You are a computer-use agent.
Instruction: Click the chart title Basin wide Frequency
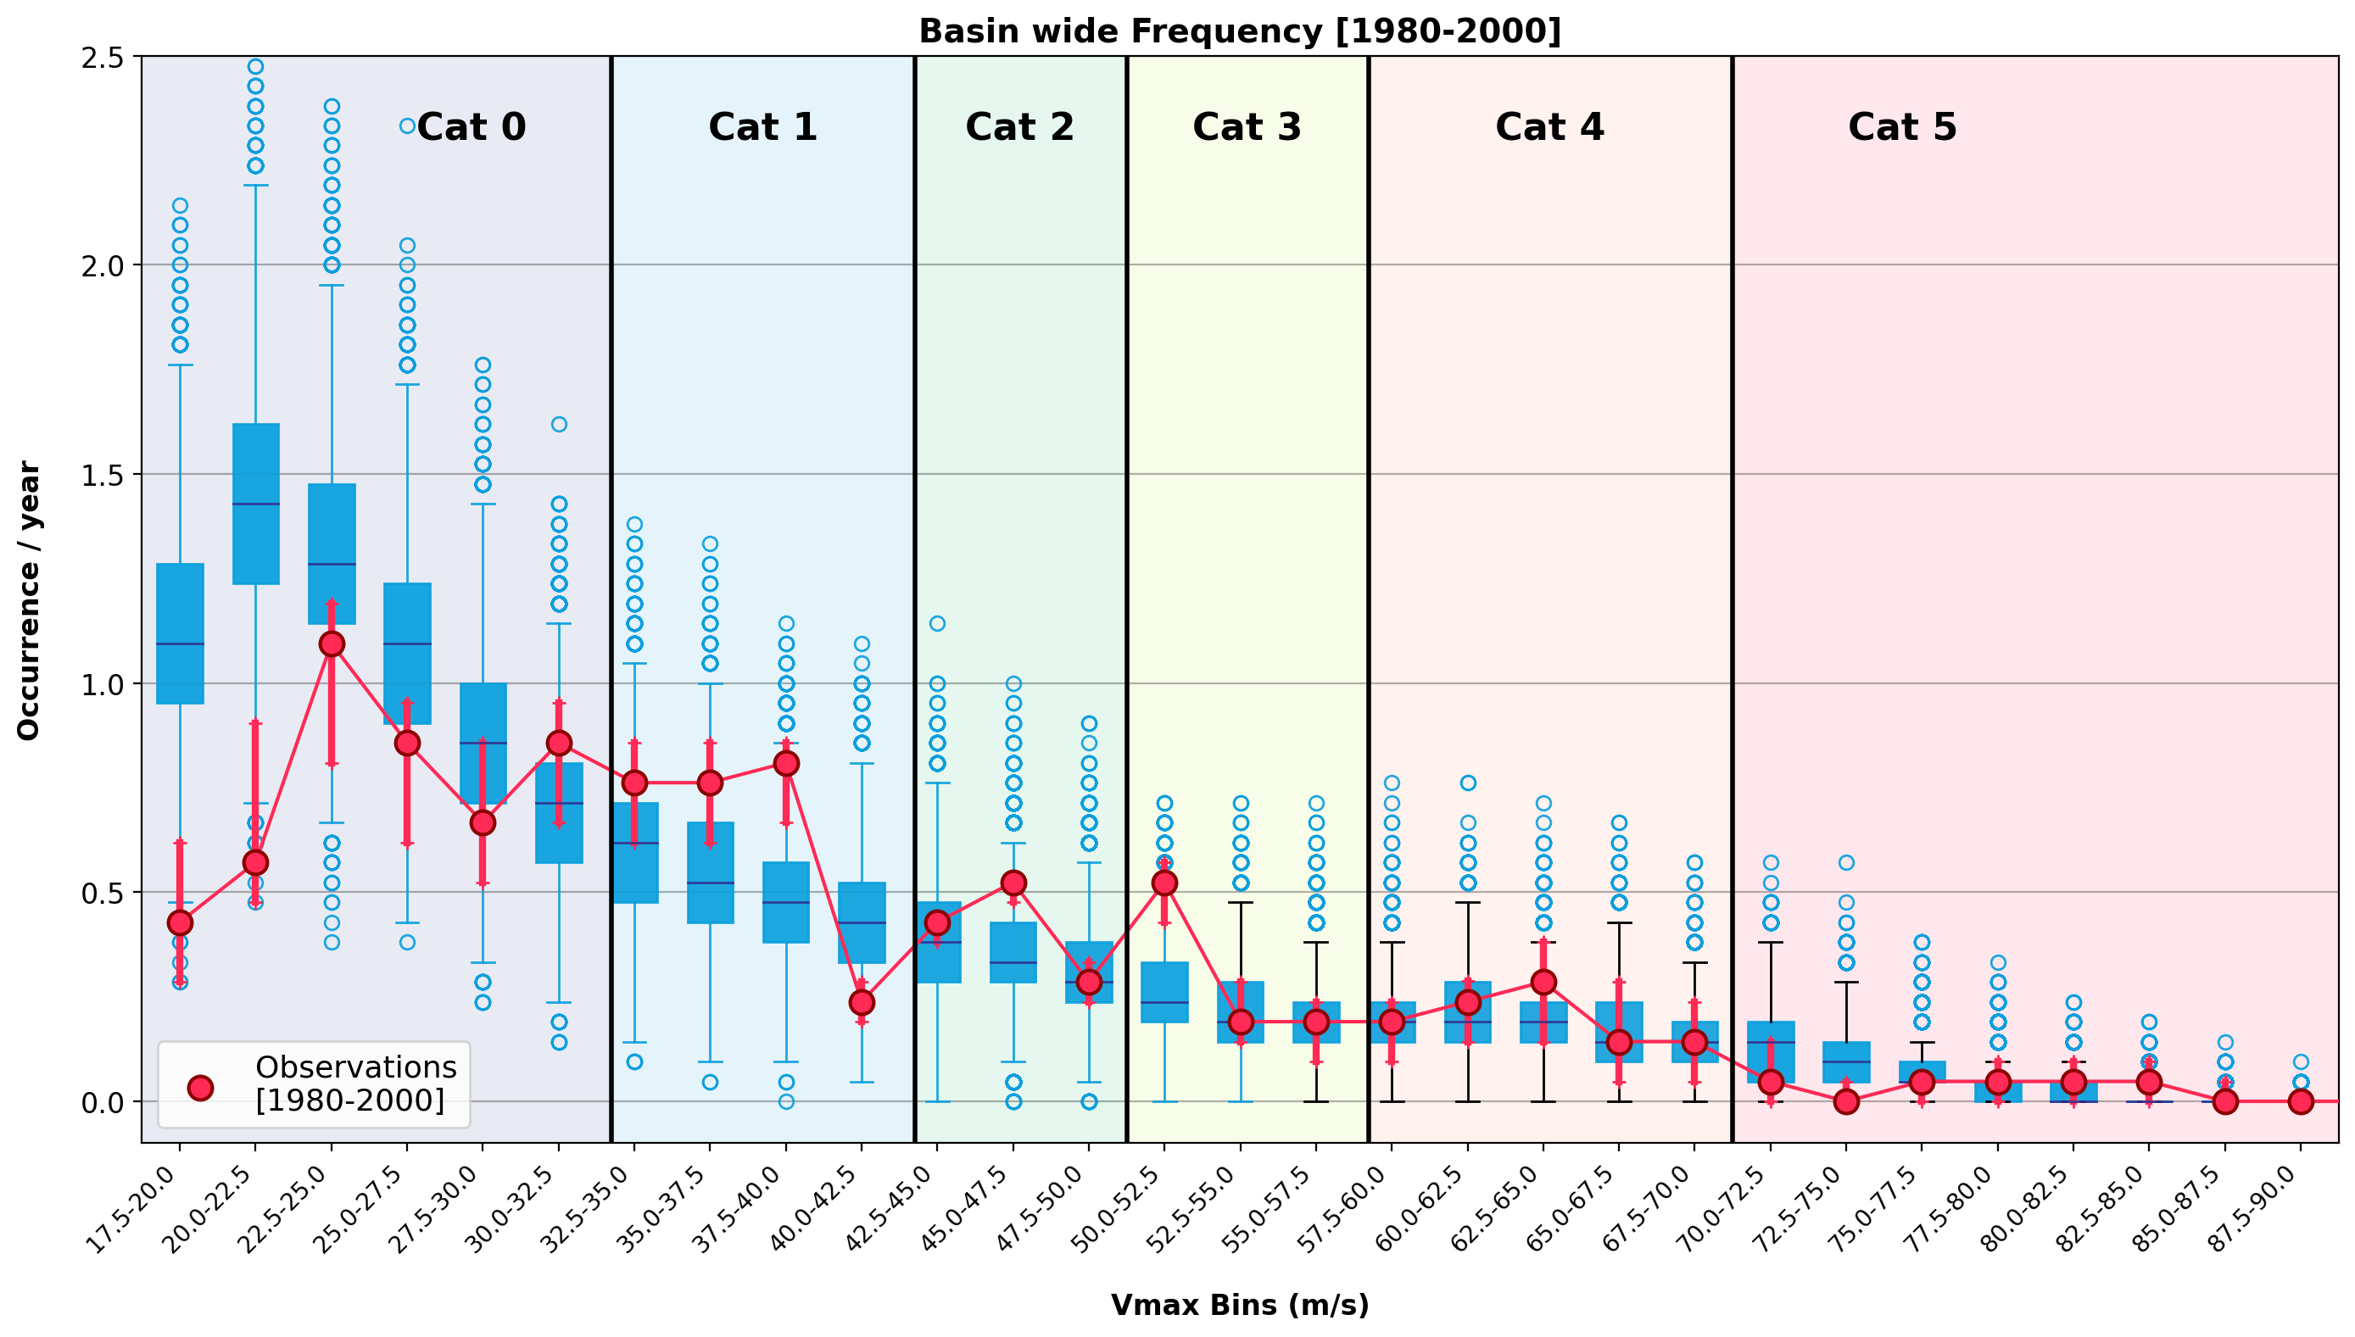point(1239,32)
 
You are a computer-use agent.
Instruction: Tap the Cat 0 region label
point(472,126)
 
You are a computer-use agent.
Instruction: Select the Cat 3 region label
point(1247,126)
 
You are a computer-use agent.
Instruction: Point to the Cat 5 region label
point(1901,126)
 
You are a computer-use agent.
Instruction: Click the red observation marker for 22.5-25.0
point(332,643)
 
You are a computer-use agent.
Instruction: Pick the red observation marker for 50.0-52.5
point(1164,883)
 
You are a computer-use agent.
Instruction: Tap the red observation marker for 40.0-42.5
point(862,1002)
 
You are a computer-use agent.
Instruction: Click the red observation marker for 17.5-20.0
point(180,922)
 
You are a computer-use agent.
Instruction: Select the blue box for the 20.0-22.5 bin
point(255,504)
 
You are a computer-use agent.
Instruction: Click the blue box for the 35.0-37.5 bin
point(710,872)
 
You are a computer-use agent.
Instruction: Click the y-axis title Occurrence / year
point(29,600)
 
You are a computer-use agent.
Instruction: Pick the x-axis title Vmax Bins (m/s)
point(1239,1305)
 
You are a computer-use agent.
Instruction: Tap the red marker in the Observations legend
point(200,1087)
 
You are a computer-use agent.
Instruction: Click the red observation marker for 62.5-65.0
point(1543,982)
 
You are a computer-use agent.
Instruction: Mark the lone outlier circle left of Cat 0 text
point(407,125)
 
